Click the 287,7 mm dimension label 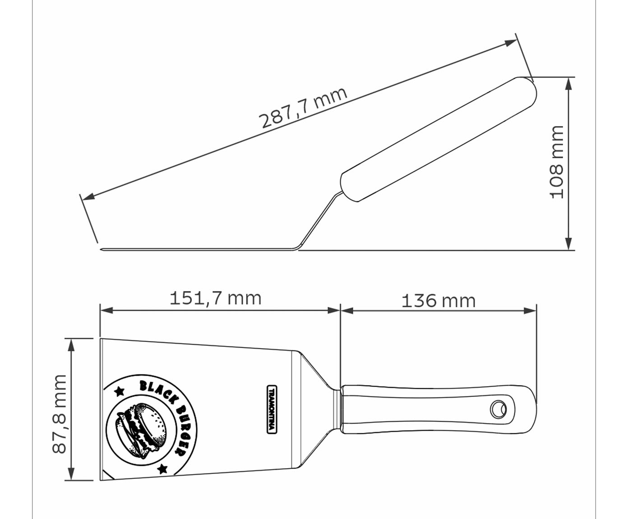pyautogui.click(x=303, y=108)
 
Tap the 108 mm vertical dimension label pyautogui.click(x=556, y=163)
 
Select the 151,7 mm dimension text pyautogui.click(x=215, y=298)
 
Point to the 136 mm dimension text pyautogui.click(x=439, y=301)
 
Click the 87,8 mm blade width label pyautogui.click(x=59, y=414)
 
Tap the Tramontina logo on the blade pyautogui.click(x=272, y=410)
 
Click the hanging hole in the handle pyautogui.click(x=499, y=410)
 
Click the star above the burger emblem pyautogui.click(x=120, y=391)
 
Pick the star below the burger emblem pyautogui.click(x=162, y=468)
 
